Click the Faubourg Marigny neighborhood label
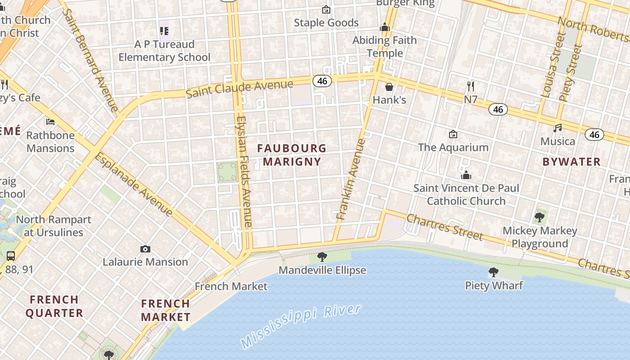point(292,154)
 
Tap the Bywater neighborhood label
point(571,162)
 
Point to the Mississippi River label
point(301,326)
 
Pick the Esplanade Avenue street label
point(134,184)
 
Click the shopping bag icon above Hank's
point(389,87)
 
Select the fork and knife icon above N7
point(471,86)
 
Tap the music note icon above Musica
point(558,128)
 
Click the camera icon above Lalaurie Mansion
point(145,249)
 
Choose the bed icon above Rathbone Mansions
point(50,122)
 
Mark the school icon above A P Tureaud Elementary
point(164,31)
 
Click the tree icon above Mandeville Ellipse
point(322,257)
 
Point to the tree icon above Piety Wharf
point(494,272)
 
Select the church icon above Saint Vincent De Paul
point(466,175)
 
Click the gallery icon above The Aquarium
point(453,134)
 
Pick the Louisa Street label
point(553,65)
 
